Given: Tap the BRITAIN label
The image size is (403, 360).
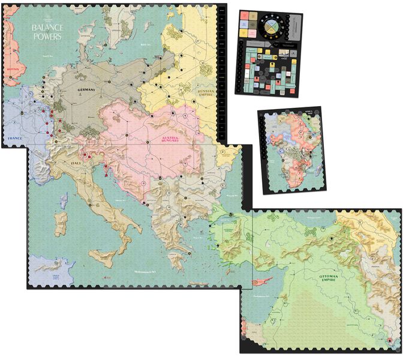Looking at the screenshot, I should pyautogui.click(x=14, y=69).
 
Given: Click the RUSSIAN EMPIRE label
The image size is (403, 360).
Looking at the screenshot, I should pyautogui.click(x=205, y=92).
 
